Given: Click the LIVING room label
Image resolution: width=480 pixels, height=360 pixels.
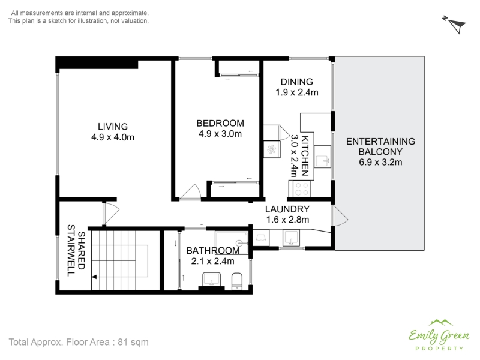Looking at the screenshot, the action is click(x=113, y=127).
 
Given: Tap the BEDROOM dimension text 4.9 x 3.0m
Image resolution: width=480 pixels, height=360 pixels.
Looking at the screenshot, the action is click(x=220, y=134).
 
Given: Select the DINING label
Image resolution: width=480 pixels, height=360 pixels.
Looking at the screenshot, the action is click(x=297, y=82).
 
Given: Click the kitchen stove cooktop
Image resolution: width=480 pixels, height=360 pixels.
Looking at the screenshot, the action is click(x=302, y=189).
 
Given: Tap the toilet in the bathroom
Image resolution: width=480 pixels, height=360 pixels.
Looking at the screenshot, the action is click(x=237, y=281).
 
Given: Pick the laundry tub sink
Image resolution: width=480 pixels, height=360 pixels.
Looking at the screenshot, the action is click(x=290, y=238).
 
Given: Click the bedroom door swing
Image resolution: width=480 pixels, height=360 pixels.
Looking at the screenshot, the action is click(x=190, y=192).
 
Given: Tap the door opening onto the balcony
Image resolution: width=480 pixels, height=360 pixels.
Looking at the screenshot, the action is click(x=340, y=216).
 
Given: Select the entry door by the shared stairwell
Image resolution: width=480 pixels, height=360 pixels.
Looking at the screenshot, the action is click(x=110, y=214).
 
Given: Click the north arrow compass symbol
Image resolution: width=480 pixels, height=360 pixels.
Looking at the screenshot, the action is click(x=455, y=25).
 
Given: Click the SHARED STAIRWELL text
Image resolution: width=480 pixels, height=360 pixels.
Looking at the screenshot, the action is click(x=76, y=250).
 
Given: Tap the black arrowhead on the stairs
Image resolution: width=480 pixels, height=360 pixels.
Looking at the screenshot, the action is click(x=94, y=277).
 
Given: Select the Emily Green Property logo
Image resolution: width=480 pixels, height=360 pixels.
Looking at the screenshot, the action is click(x=439, y=335).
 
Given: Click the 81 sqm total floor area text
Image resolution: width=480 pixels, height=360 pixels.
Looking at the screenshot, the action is click(x=133, y=342).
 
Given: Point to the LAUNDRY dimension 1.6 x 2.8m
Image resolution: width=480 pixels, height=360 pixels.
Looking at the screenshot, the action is click(x=287, y=220).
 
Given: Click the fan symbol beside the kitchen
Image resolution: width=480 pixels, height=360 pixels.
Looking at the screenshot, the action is click(x=272, y=149).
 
